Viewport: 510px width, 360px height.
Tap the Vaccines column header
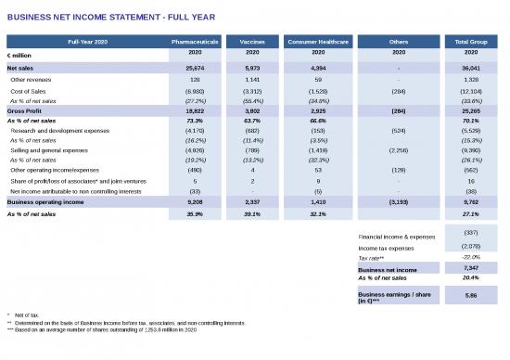[x=251, y=43]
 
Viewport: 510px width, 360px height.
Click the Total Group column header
[x=470, y=43]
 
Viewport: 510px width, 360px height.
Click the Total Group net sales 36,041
[x=470, y=69]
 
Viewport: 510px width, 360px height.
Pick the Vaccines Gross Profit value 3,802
[x=251, y=109]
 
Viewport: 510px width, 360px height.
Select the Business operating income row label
[x=45, y=200]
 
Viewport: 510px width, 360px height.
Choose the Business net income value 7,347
[x=470, y=267]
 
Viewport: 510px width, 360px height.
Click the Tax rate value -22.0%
[x=470, y=257]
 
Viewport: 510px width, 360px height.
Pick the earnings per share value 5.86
[x=470, y=295]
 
